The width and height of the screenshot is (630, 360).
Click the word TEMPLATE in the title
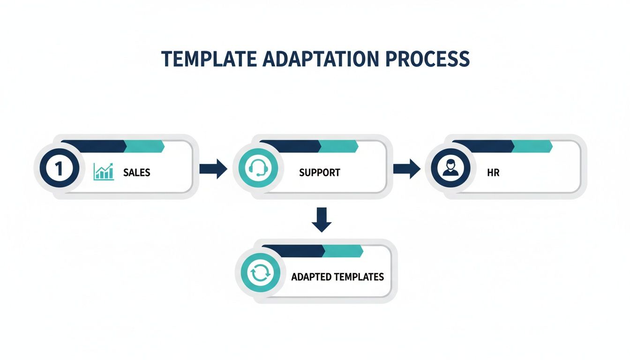click(x=205, y=60)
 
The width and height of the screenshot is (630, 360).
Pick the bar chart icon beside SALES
click(x=104, y=172)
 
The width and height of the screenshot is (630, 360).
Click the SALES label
click(x=137, y=172)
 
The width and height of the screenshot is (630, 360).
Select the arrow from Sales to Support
click(x=213, y=169)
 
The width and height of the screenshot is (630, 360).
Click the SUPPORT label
click(x=320, y=172)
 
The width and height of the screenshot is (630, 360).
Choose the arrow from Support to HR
click(x=406, y=169)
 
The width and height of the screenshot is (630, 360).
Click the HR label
click(x=493, y=172)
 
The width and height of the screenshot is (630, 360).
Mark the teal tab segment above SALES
click(x=143, y=146)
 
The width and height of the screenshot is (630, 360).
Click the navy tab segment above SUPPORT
click(x=289, y=146)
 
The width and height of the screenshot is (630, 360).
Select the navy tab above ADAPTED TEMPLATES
click(x=293, y=251)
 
